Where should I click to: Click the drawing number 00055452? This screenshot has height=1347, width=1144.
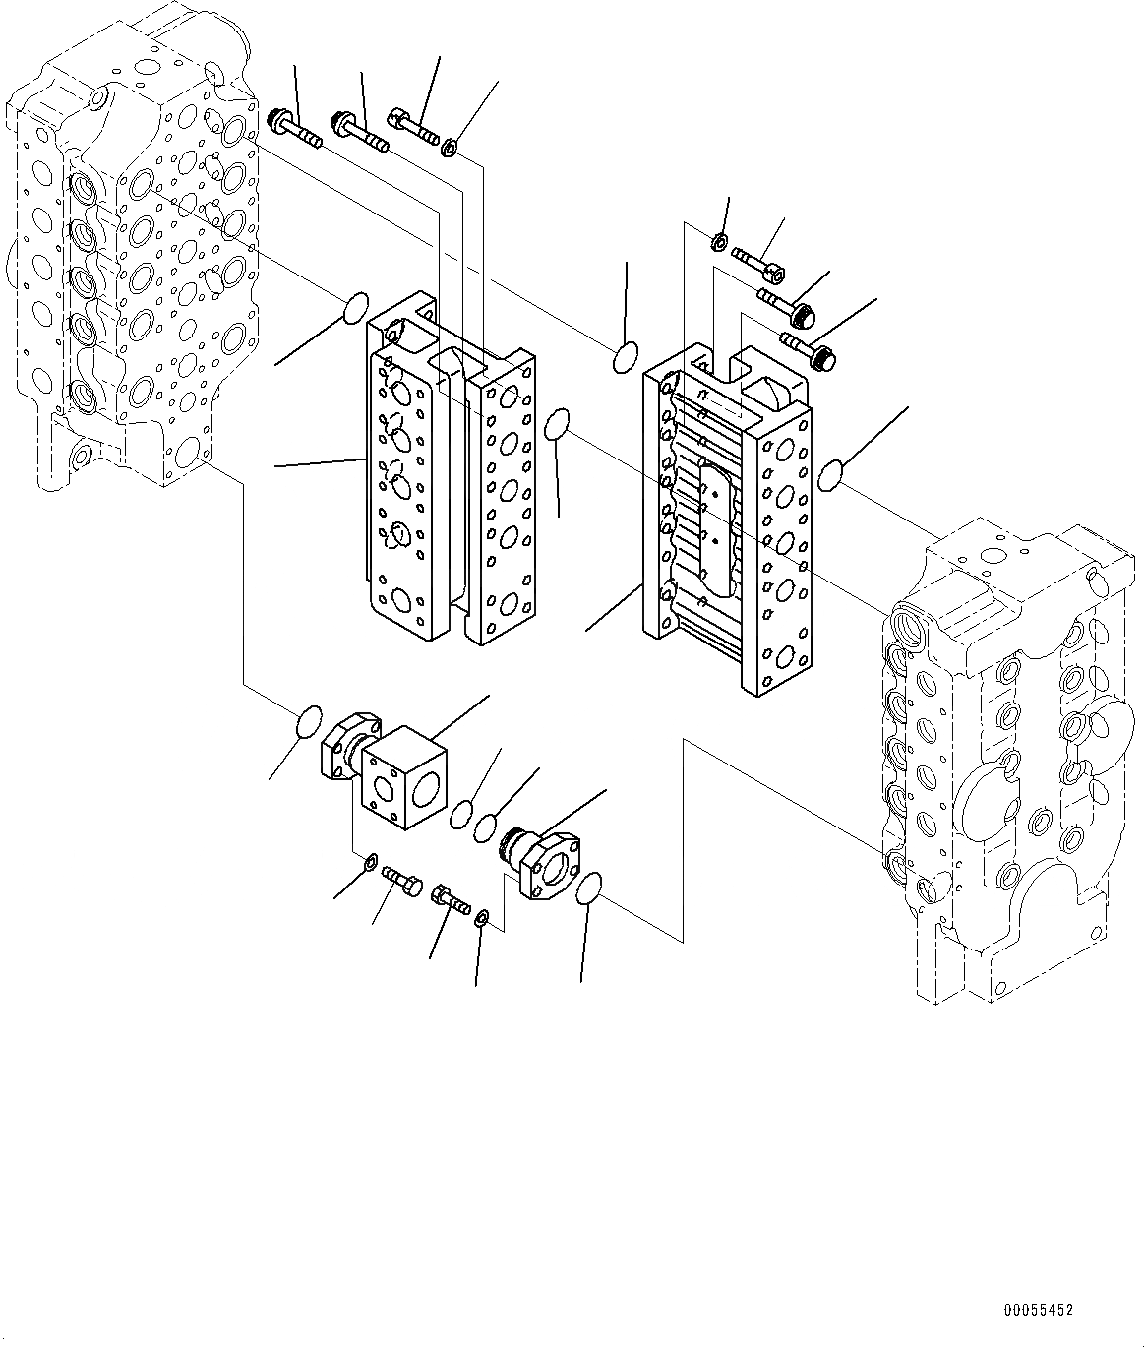1038,1311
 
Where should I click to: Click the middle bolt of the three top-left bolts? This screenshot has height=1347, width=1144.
361,133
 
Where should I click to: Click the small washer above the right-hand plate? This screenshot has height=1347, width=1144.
720,241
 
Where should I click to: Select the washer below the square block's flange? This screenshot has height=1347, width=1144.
370,863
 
